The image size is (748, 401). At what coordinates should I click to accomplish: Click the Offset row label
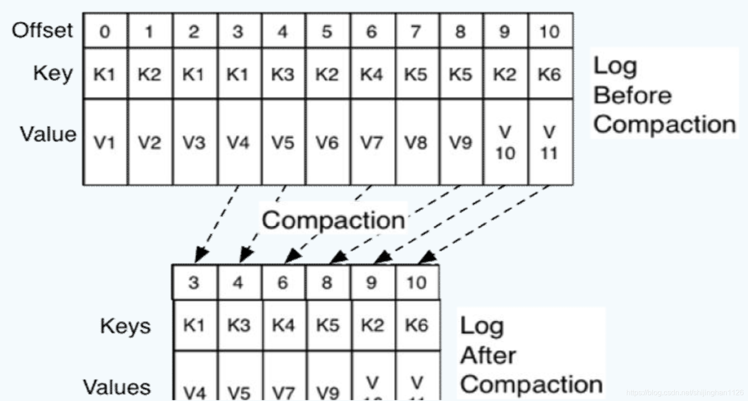click(42, 30)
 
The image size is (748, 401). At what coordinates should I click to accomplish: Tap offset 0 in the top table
click(105, 31)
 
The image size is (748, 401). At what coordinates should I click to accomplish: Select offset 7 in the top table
click(416, 31)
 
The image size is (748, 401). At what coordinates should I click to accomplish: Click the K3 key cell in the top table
click(282, 74)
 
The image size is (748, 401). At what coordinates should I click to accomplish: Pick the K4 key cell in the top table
click(372, 74)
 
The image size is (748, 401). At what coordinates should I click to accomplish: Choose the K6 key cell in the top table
click(549, 74)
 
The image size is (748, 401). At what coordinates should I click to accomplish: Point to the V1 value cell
click(105, 143)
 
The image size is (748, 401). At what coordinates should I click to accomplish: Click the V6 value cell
click(327, 143)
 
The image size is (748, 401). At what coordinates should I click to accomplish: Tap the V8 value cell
click(416, 143)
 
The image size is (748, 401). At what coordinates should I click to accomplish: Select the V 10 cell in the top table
click(505, 143)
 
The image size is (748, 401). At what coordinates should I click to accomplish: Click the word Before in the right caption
click(632, 96)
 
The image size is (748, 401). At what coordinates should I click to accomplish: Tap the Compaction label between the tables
click(333, 220)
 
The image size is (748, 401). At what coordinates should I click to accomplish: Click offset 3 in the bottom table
click(194, 282)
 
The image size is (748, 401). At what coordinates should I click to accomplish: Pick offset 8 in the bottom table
click(327, 282)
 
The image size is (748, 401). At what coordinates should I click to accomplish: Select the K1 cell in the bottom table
click(194, 325)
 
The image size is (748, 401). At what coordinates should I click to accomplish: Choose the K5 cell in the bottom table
click(327, 325)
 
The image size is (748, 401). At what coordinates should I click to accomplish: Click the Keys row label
click(125, 326)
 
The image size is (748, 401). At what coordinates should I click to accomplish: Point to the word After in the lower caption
click(488, 355)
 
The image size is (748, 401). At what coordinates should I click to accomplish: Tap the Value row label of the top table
click(48, 134)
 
